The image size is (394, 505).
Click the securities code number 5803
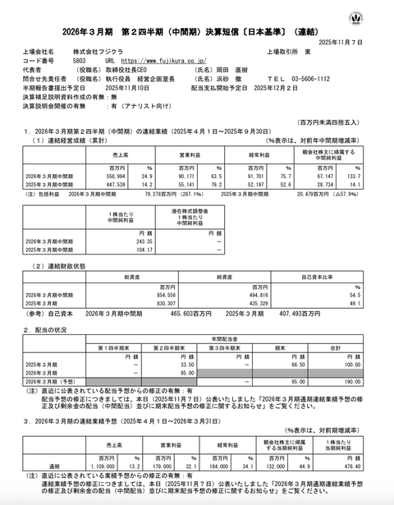(x=79, y=61)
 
